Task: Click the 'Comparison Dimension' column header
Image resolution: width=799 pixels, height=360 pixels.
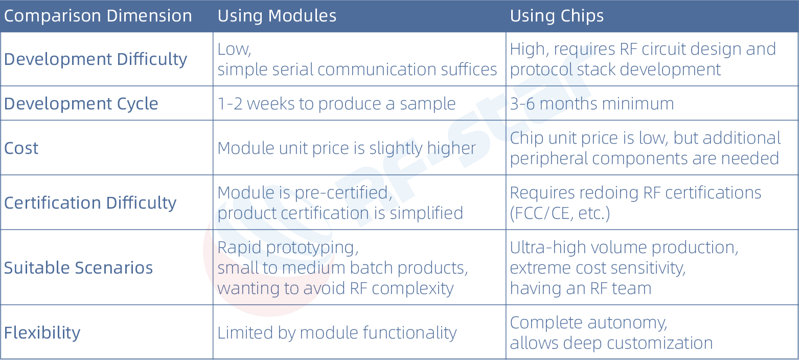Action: [x=98, y=16]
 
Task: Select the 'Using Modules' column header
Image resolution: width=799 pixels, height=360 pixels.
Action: [x=277, y=16]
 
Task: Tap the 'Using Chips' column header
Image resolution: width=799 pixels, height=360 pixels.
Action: [x=557, y=16]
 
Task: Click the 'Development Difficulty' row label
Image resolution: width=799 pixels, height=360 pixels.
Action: [x=96, y=59]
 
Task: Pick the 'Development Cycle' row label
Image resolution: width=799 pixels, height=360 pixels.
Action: [x=81, y=104]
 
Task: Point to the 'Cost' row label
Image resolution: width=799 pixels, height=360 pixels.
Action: [x=21, y=148]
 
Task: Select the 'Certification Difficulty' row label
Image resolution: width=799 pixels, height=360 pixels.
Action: [x=90, y=203]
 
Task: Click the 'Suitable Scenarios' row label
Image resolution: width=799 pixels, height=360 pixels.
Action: [x=79, y=267]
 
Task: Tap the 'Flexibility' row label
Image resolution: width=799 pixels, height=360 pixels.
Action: [x=42, y=333]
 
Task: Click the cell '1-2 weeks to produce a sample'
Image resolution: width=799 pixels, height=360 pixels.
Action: [x=336, y=104]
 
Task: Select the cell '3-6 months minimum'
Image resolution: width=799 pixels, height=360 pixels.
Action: [x=592, y=104]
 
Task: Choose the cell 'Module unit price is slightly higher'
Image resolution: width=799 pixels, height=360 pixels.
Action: [x=347, y=148]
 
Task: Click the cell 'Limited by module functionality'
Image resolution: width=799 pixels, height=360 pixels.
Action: [x=337, y=333]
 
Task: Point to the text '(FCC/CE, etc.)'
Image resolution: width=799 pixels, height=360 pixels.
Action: [x=560, y=213]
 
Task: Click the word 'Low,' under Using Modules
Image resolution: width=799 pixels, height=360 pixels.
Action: [x=234, y=49]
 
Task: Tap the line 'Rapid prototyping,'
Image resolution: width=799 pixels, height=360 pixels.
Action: [x=288, y=247]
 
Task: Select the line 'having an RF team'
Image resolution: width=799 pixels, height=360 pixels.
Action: [x=581, y=288]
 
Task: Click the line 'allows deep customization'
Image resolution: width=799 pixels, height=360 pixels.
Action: [x=611, y=343]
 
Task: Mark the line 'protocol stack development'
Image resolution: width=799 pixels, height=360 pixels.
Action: [x=615, y=70]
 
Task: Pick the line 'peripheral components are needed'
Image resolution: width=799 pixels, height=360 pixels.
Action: [x=644, y=159]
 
